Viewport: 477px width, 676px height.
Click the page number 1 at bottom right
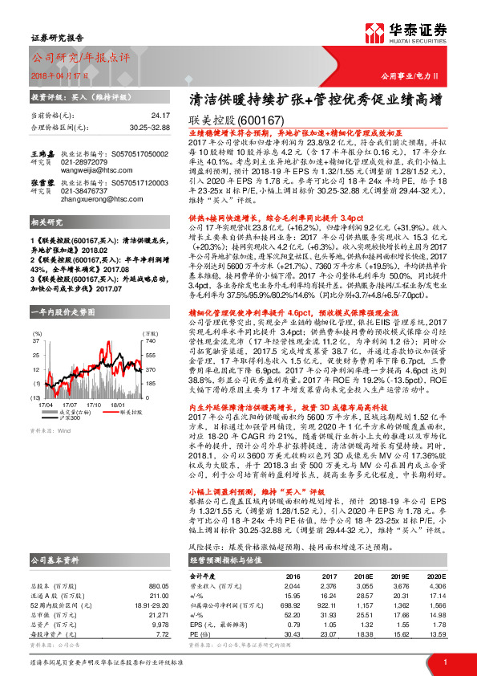pyautogui.click(x=445, y=661)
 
